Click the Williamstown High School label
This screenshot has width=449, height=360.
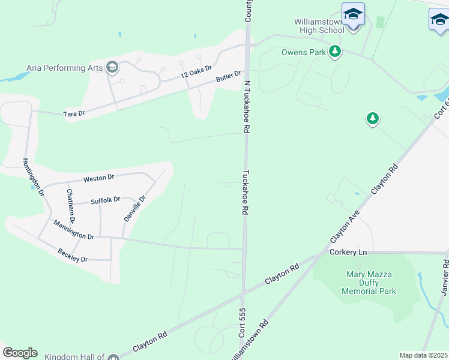tap(319, 26)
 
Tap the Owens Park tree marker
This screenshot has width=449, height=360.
tap(335, 52)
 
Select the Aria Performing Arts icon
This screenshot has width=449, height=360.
tap(112, 67)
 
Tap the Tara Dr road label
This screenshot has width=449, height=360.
tap(74, 113)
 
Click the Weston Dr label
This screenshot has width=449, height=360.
tap(98, 178)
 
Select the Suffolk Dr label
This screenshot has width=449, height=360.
tap(106, 200)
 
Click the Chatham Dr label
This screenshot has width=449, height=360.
tap(71, 206)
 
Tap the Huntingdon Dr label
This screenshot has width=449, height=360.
tap(34, 176)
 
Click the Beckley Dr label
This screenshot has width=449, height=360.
tap(73, 255)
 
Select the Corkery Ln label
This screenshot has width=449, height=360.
tap(348, 253)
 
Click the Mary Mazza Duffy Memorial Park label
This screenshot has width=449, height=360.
tap(369, 283)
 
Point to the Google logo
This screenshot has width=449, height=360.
tap(20, 353)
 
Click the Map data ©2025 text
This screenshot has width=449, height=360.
tap(424, 355)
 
